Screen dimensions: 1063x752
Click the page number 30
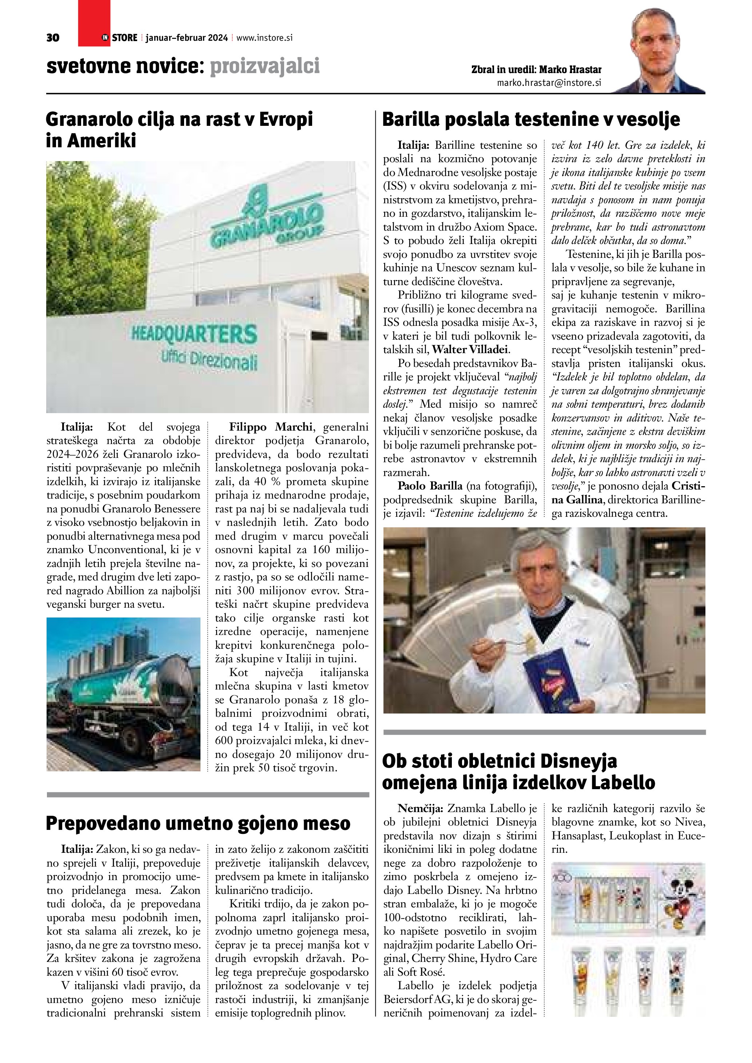click(x=53, y=38)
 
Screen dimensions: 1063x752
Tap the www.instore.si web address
click(x=264, y=38)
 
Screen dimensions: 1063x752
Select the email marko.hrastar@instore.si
click(x=549, y=83)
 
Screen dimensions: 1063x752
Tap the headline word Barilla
click(x=412, y=119)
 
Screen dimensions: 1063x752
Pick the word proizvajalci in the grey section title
click(x=265, y=66)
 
